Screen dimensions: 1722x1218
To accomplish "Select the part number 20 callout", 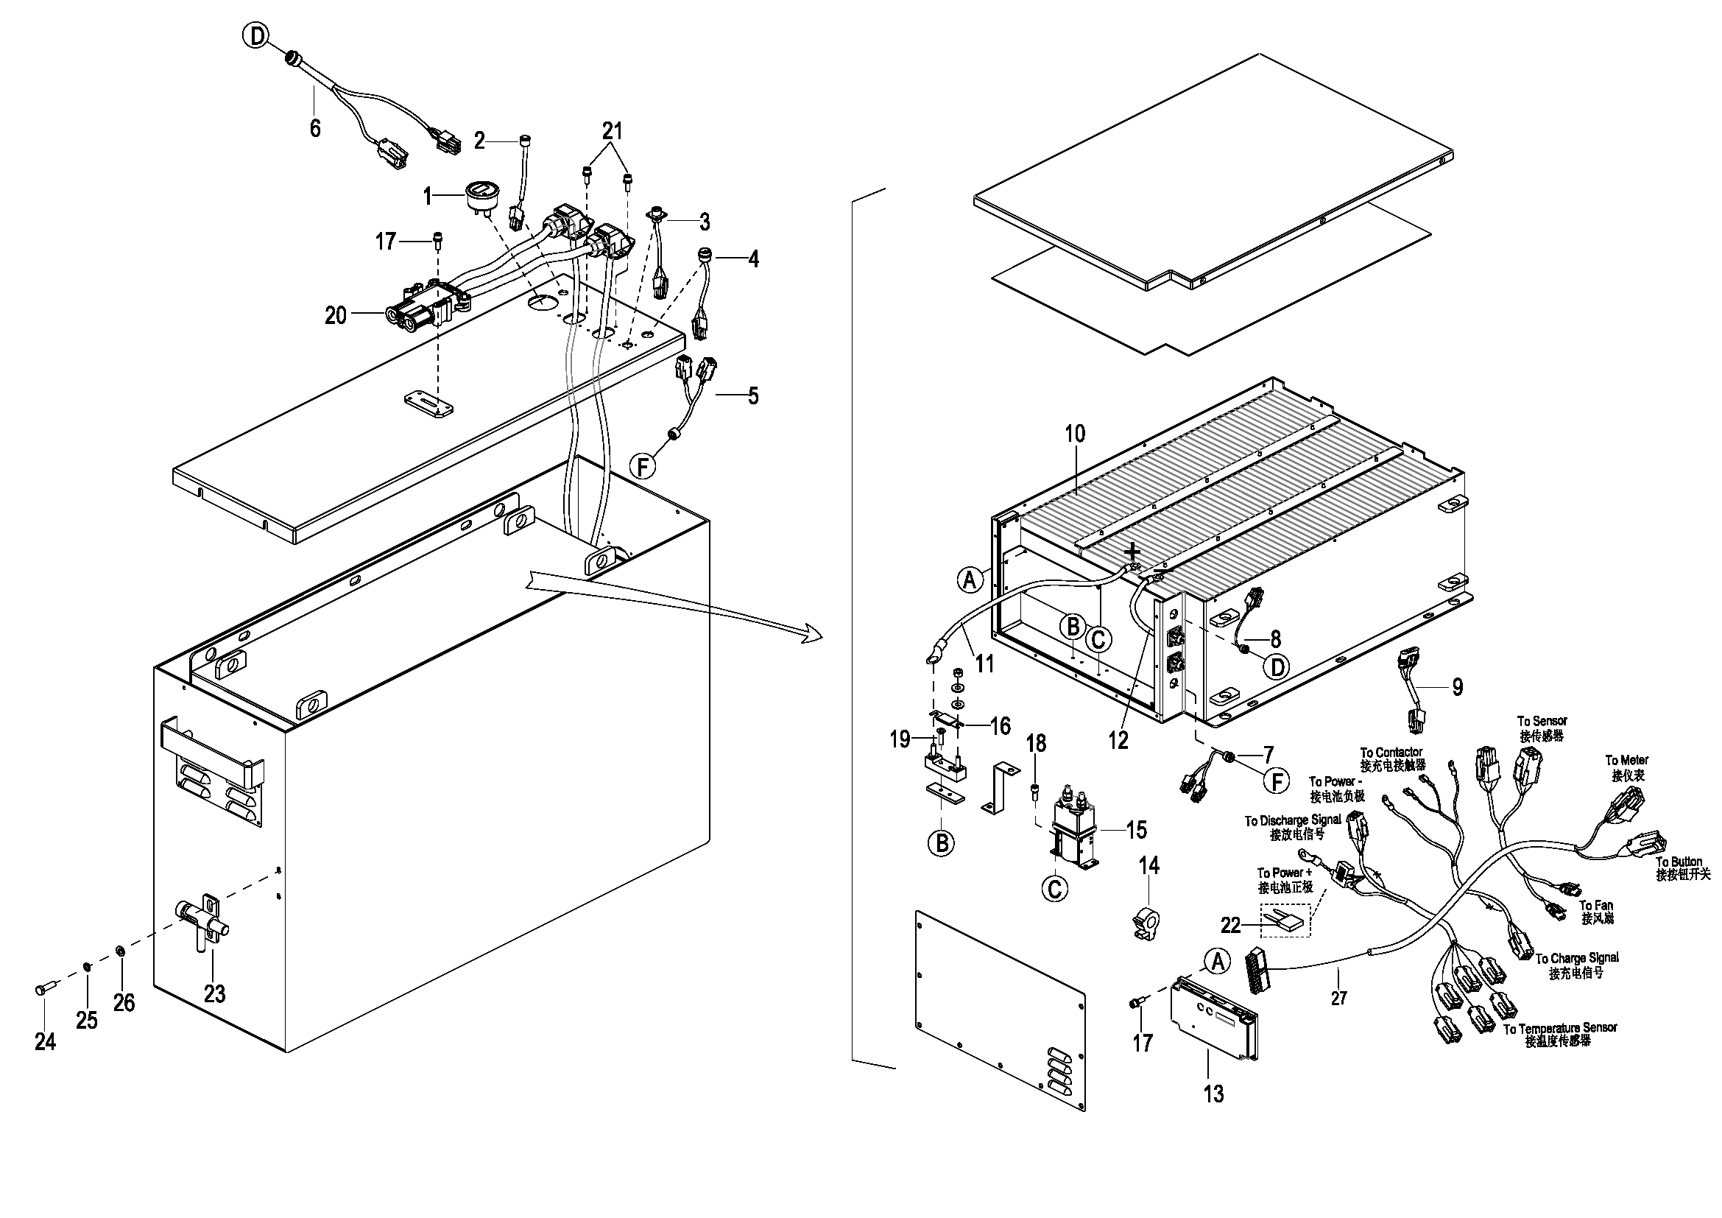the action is [335, 316].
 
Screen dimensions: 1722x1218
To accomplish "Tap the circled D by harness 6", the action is [257, 35].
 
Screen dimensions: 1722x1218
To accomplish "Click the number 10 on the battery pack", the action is [1076, 434].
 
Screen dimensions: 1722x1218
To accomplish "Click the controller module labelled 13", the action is [1214, 1018].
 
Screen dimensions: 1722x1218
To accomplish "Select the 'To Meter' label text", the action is [1627, 761].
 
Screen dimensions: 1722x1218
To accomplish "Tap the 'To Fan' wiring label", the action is [1596, 906].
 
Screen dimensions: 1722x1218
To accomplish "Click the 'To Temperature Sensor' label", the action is [1560, 1027].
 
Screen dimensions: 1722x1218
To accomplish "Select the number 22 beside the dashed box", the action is [1230, 926].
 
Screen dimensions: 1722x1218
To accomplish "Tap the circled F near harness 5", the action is [642, 468].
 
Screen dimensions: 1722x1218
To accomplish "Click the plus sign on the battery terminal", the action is [1133, 553].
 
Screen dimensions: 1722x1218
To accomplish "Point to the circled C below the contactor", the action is [1054, 889].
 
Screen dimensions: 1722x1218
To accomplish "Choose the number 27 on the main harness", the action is [1338, 999].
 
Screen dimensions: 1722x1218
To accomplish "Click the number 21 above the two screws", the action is [612, 131].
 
